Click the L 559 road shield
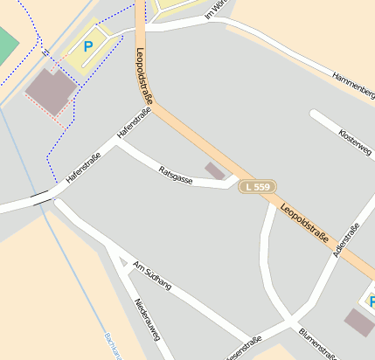(x=258, y=187)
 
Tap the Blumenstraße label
(x=317, y=343)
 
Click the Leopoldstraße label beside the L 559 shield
(x=310, y=225)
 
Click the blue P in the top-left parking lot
(x=87, y=45)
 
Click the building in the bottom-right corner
(x=358, y=322)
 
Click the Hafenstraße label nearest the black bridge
(x=84, y=167)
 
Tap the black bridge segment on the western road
(x=38, y=198)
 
